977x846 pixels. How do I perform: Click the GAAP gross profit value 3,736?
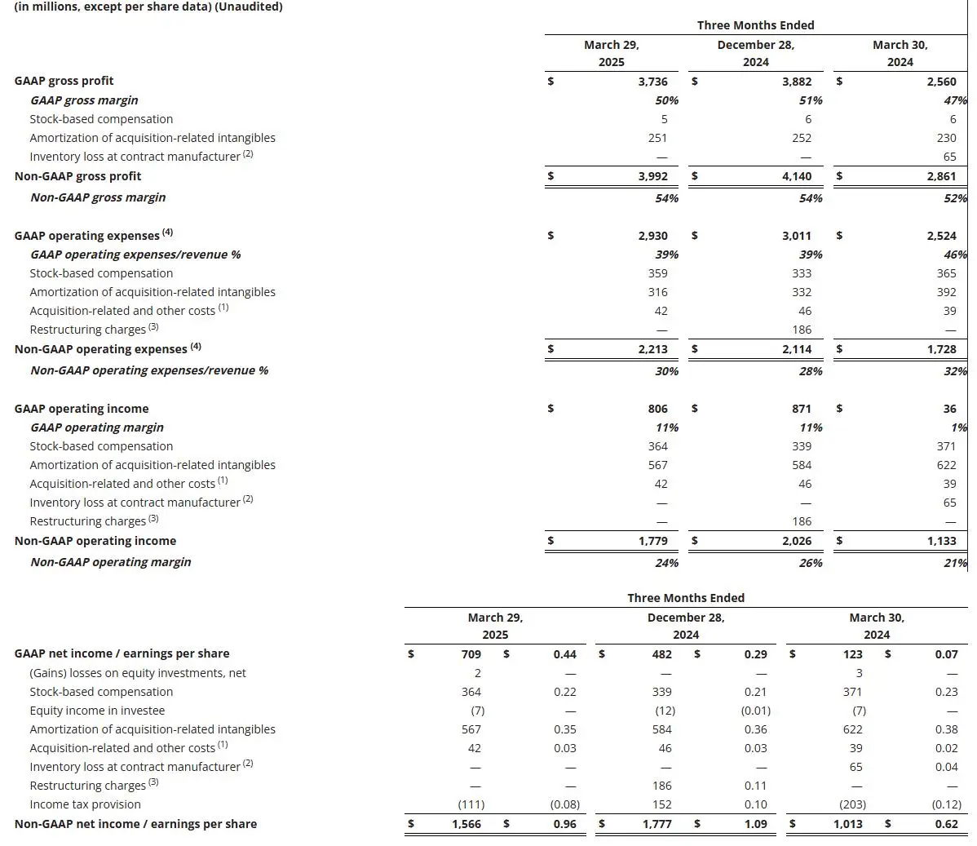pyautogui.click(x=652, y=82)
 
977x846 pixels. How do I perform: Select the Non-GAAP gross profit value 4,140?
pyautogui.click(x=796, y=176)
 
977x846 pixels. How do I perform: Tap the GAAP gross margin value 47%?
pyautogui.click(x=956, y=100)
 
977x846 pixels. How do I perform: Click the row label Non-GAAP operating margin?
pyautogui.click(x=110, y=562)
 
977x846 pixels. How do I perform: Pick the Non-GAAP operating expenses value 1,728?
pyautogui.click(x=941, y=349)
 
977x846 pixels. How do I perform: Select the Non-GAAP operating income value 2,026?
pyautogui.click(x=796, y=541)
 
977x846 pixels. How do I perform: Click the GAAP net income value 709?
pyautogui.click(x=471, y=654)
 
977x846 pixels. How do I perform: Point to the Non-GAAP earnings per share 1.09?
pyautogui.click(x=755, y=824)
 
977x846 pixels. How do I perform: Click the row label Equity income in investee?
pyautogui.click(x=97, y=711)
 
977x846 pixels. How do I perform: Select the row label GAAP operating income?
pyautogui.click(x=82, y=409)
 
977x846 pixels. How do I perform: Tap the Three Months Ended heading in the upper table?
pyautogui.click(x=755, y=25)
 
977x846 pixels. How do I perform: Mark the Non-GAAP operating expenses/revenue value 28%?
pyautogui.click(x=810, y=371)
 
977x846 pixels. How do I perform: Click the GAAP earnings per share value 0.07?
pyautogui.click(x=946, y=654)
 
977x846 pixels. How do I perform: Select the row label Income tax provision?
pyautogui.click(x=85, y=804)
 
